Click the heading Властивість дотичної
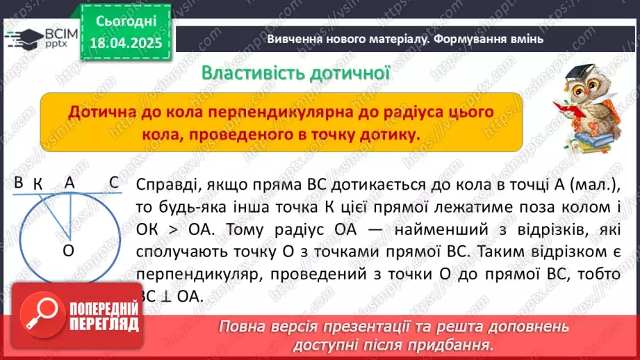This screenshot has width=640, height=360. pyautogui.click(x=294, y=72)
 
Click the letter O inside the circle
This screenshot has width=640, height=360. pyautogui.click(x=68, y=251)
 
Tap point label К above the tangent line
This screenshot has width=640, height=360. pyautogui.click(x=38, y=183)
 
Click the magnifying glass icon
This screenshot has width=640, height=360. pyautogui.click(x=40, y=316)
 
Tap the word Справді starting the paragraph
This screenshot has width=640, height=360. pyautogui.click(x=165, y=185)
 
